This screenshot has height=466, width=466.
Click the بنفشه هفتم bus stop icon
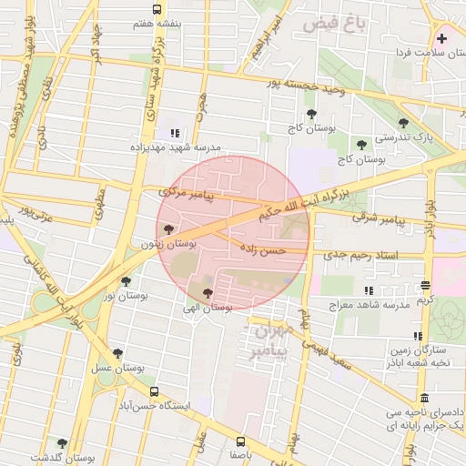click(x=157, y=9)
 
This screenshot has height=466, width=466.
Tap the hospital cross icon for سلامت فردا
click(x=442, y=39)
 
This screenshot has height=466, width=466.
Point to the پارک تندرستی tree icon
click(x=403, y=124)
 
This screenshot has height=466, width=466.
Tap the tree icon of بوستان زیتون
click(x=168, y=228)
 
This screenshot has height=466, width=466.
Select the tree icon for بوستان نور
click(x=126, y=281)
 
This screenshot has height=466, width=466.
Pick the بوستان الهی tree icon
click(x=208, y=293)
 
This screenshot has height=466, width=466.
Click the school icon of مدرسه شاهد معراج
click(x=369, y=290)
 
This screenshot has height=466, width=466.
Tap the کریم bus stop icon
click(x=425, y=285)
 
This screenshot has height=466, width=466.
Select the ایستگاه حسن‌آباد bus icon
click(x=153, y=392)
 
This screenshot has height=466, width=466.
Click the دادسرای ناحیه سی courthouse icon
click(x=425, y=399)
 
